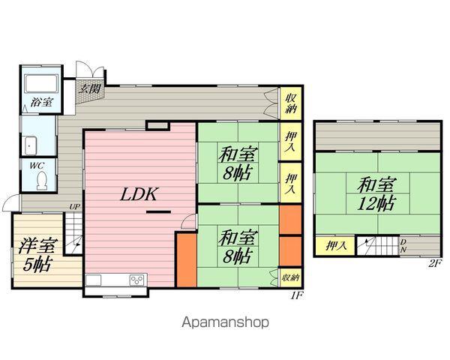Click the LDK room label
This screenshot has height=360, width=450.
coord(139,194)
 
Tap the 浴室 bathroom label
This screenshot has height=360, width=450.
coord(42,102)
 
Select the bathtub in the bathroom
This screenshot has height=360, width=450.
coord(41,83)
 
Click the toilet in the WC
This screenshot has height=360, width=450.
coord(42,181)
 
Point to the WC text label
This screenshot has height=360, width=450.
coord(37,166)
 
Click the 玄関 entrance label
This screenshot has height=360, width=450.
coord(90,88)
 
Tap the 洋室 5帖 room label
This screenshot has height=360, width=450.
coord(37,254)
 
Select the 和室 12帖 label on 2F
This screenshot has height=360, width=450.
coord(376,194)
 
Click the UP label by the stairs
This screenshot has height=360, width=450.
coord(74,207)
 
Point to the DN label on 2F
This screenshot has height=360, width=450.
coord(403,246)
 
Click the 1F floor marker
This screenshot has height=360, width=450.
coord(297,295)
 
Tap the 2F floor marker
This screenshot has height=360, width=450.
coord(434,263)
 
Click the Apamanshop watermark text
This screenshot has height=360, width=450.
coord(225,322)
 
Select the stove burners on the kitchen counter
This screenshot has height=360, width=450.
coord(137,280)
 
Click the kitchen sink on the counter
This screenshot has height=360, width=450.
coord(93,280)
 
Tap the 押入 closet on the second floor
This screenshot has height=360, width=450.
coord(335,246)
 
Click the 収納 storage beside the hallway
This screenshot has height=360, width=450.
coord(291,103)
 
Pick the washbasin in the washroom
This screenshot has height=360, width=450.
coord(31,145)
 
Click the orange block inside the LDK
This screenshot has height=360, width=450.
coord(186,260)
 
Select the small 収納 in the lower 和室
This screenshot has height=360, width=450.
coord(291,277)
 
